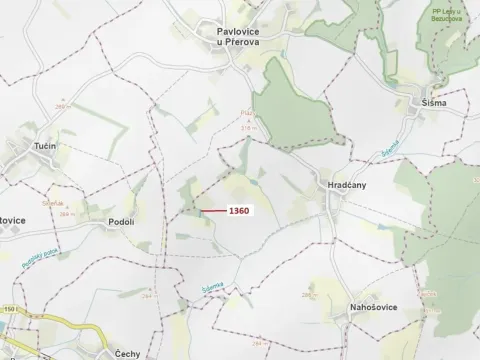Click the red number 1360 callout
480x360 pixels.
click(x=239, y=211)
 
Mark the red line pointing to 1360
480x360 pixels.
click(x=212, y=211)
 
